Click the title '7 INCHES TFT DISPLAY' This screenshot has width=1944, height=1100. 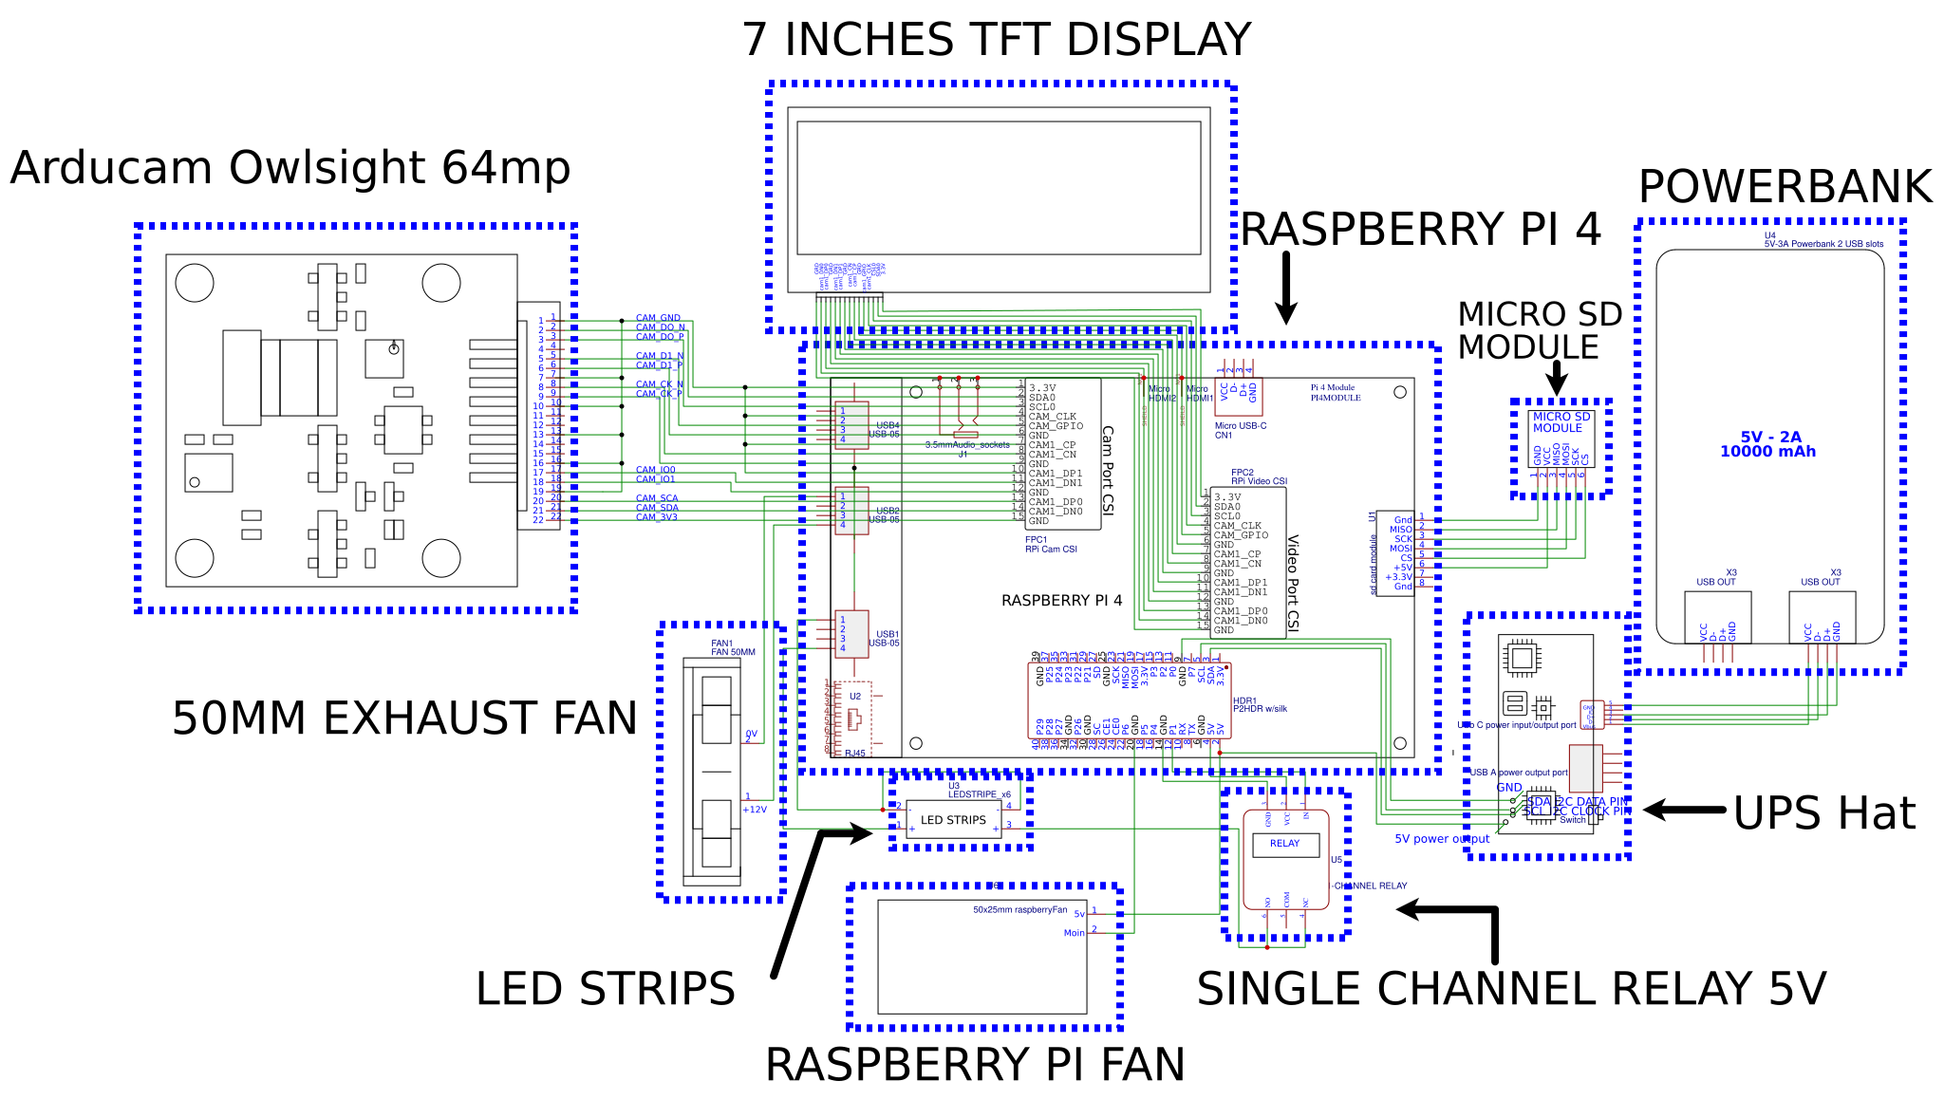tap(996, 40)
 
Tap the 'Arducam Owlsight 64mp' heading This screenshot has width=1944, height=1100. tap(290, 168)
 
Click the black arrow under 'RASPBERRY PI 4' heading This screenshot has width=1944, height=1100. tap(1286, 287)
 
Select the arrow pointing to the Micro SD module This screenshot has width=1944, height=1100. tap(1556, 378)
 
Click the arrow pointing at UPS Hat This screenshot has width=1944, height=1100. tap(1683, 810)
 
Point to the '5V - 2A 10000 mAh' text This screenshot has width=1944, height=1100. tap(1768, 444)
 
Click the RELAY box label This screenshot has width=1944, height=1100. tap(1284, 843)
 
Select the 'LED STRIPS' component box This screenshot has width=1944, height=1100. tap(953, 820)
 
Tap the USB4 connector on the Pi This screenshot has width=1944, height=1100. tap(851, 425)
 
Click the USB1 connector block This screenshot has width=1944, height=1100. tap(851, 633)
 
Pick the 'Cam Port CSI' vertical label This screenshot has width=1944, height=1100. tap(1108, 470)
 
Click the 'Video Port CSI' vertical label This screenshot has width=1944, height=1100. tap(1293, 582)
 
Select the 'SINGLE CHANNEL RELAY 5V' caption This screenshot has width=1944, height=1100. tap(1511, 990)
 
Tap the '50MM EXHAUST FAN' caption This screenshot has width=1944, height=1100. tap(404, 718)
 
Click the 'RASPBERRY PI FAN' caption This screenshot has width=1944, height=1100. tap(975, 1065)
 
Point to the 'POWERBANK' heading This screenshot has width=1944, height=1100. tap(1785, 187)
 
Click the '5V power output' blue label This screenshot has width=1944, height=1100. tap(1441, 839)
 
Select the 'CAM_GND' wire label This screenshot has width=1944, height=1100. tap(658, 318)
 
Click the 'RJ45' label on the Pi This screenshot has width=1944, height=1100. tap(855, 754)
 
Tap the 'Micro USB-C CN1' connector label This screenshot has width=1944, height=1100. tap(1240, 430)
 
